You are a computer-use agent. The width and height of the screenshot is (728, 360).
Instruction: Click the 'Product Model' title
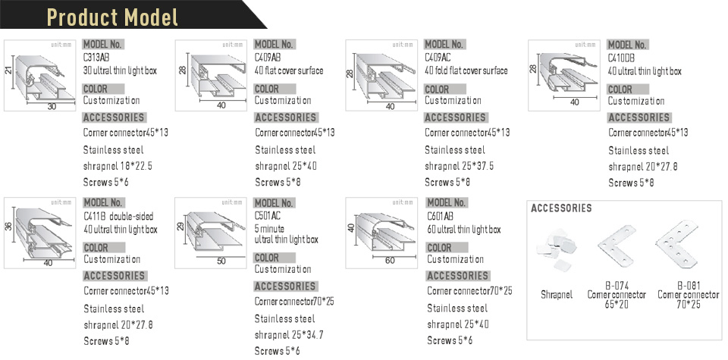click(x=112, y=17)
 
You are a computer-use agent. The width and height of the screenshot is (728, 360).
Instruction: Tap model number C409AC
click(x=438, y=58)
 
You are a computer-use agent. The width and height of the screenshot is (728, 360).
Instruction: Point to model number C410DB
click(x=621, y=58)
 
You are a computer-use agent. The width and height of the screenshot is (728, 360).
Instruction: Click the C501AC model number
click(x=268, y=217)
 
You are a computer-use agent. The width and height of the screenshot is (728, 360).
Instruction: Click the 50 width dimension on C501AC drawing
click(x=221, y=261)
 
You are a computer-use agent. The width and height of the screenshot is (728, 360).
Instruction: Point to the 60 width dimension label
click(x=390, y=261)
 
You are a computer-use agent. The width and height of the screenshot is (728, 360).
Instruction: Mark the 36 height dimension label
click(x=9, y=227)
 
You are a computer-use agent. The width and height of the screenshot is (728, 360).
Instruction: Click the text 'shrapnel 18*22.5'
click(x=118, y=166)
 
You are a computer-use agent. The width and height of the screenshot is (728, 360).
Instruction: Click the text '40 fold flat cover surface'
click(x=466, y=71)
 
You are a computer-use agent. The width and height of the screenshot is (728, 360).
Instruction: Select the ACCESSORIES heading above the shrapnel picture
click(x=561, y=208)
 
